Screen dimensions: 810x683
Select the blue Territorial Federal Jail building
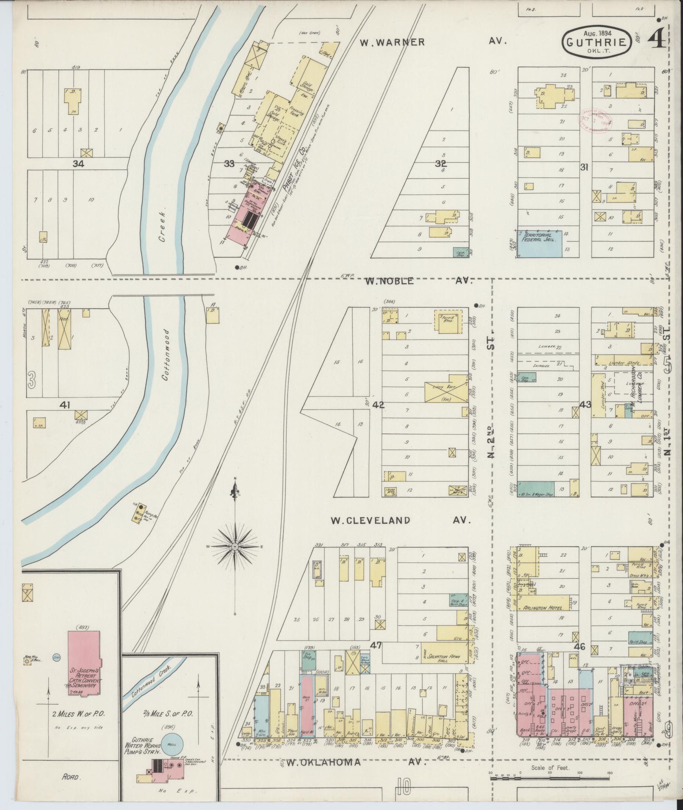[x=541, y=244]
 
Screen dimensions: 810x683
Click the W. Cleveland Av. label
[x=400, y=520]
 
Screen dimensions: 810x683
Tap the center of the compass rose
[x=234, y=547]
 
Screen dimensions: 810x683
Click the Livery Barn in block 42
[x=446, y=387]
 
